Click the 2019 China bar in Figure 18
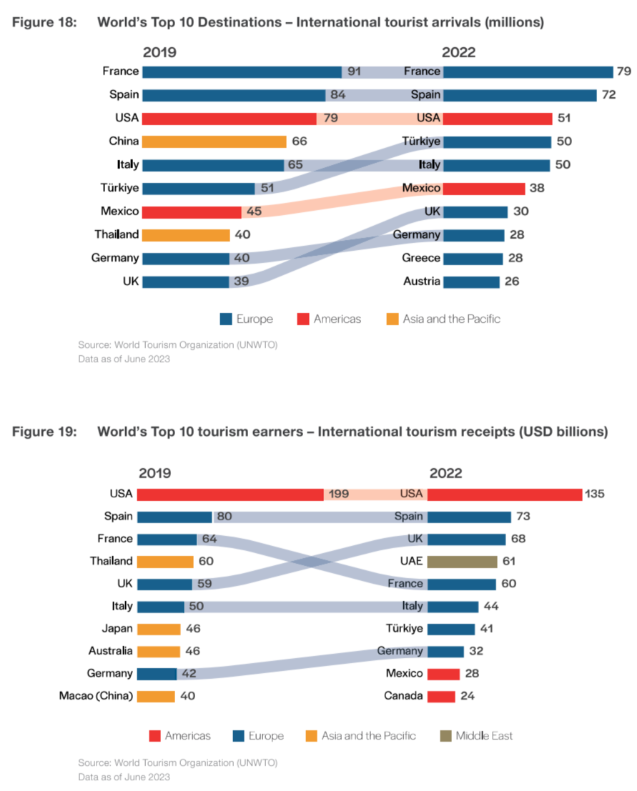pos(214,141)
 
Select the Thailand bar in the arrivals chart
pos(186,235)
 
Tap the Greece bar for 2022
pos(473,259)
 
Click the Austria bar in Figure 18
pos(471,282)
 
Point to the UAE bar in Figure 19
pos(462,562)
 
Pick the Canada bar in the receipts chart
pos(441,696)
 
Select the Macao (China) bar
pos(156,696)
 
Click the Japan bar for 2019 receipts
pos(159,630)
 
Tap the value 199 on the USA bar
pos(338,494)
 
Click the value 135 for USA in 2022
pos(596,494)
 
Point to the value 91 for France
pos(354,71)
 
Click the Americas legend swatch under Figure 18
pos(302,319)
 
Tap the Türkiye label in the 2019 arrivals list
pos(119,189)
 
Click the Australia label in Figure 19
pos(111,651)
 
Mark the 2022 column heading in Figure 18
pos(458,52)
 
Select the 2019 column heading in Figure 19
pos(155,473)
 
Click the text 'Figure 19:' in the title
pos(41,432)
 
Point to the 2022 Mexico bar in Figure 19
pos(443,674)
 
